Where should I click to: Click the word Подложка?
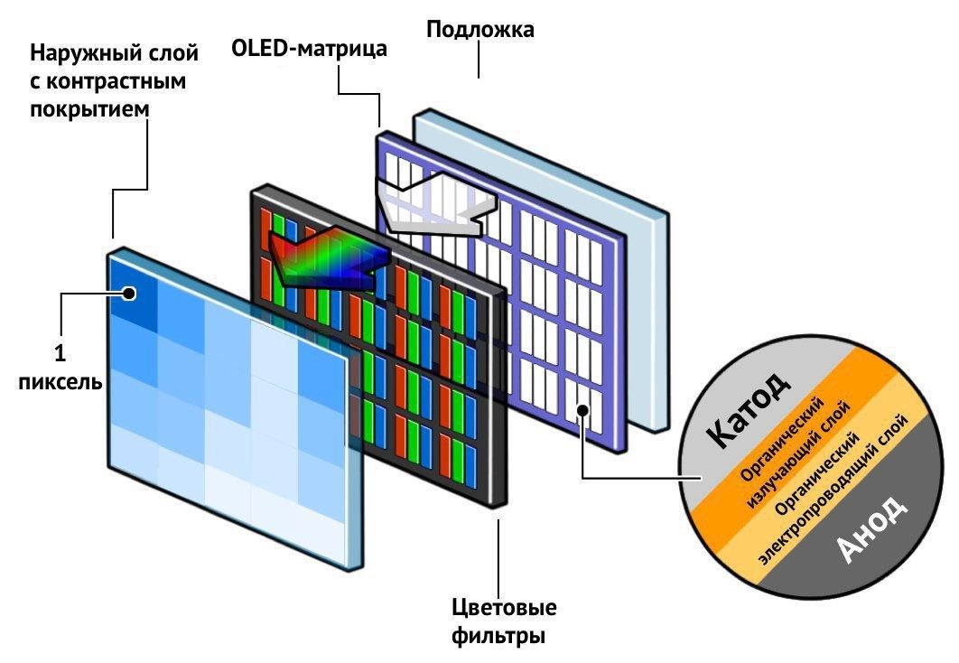[x=479, y=30]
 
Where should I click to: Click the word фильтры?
[x=498, y=635]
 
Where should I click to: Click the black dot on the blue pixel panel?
[x=130, y=293]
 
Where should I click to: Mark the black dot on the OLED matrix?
[x=584, y=411]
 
